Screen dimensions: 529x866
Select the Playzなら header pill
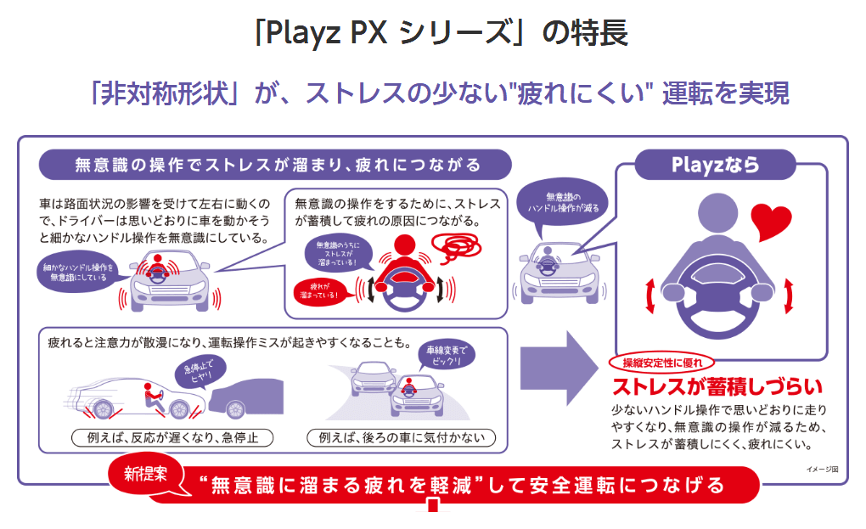(715, 166)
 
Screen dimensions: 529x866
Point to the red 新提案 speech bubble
(149, 475)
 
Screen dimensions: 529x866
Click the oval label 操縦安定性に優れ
(662, 363)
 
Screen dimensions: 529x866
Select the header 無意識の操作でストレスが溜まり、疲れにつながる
(276, 165)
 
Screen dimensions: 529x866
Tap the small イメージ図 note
(821, 469)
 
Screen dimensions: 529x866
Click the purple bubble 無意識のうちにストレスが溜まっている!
(337, 255)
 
